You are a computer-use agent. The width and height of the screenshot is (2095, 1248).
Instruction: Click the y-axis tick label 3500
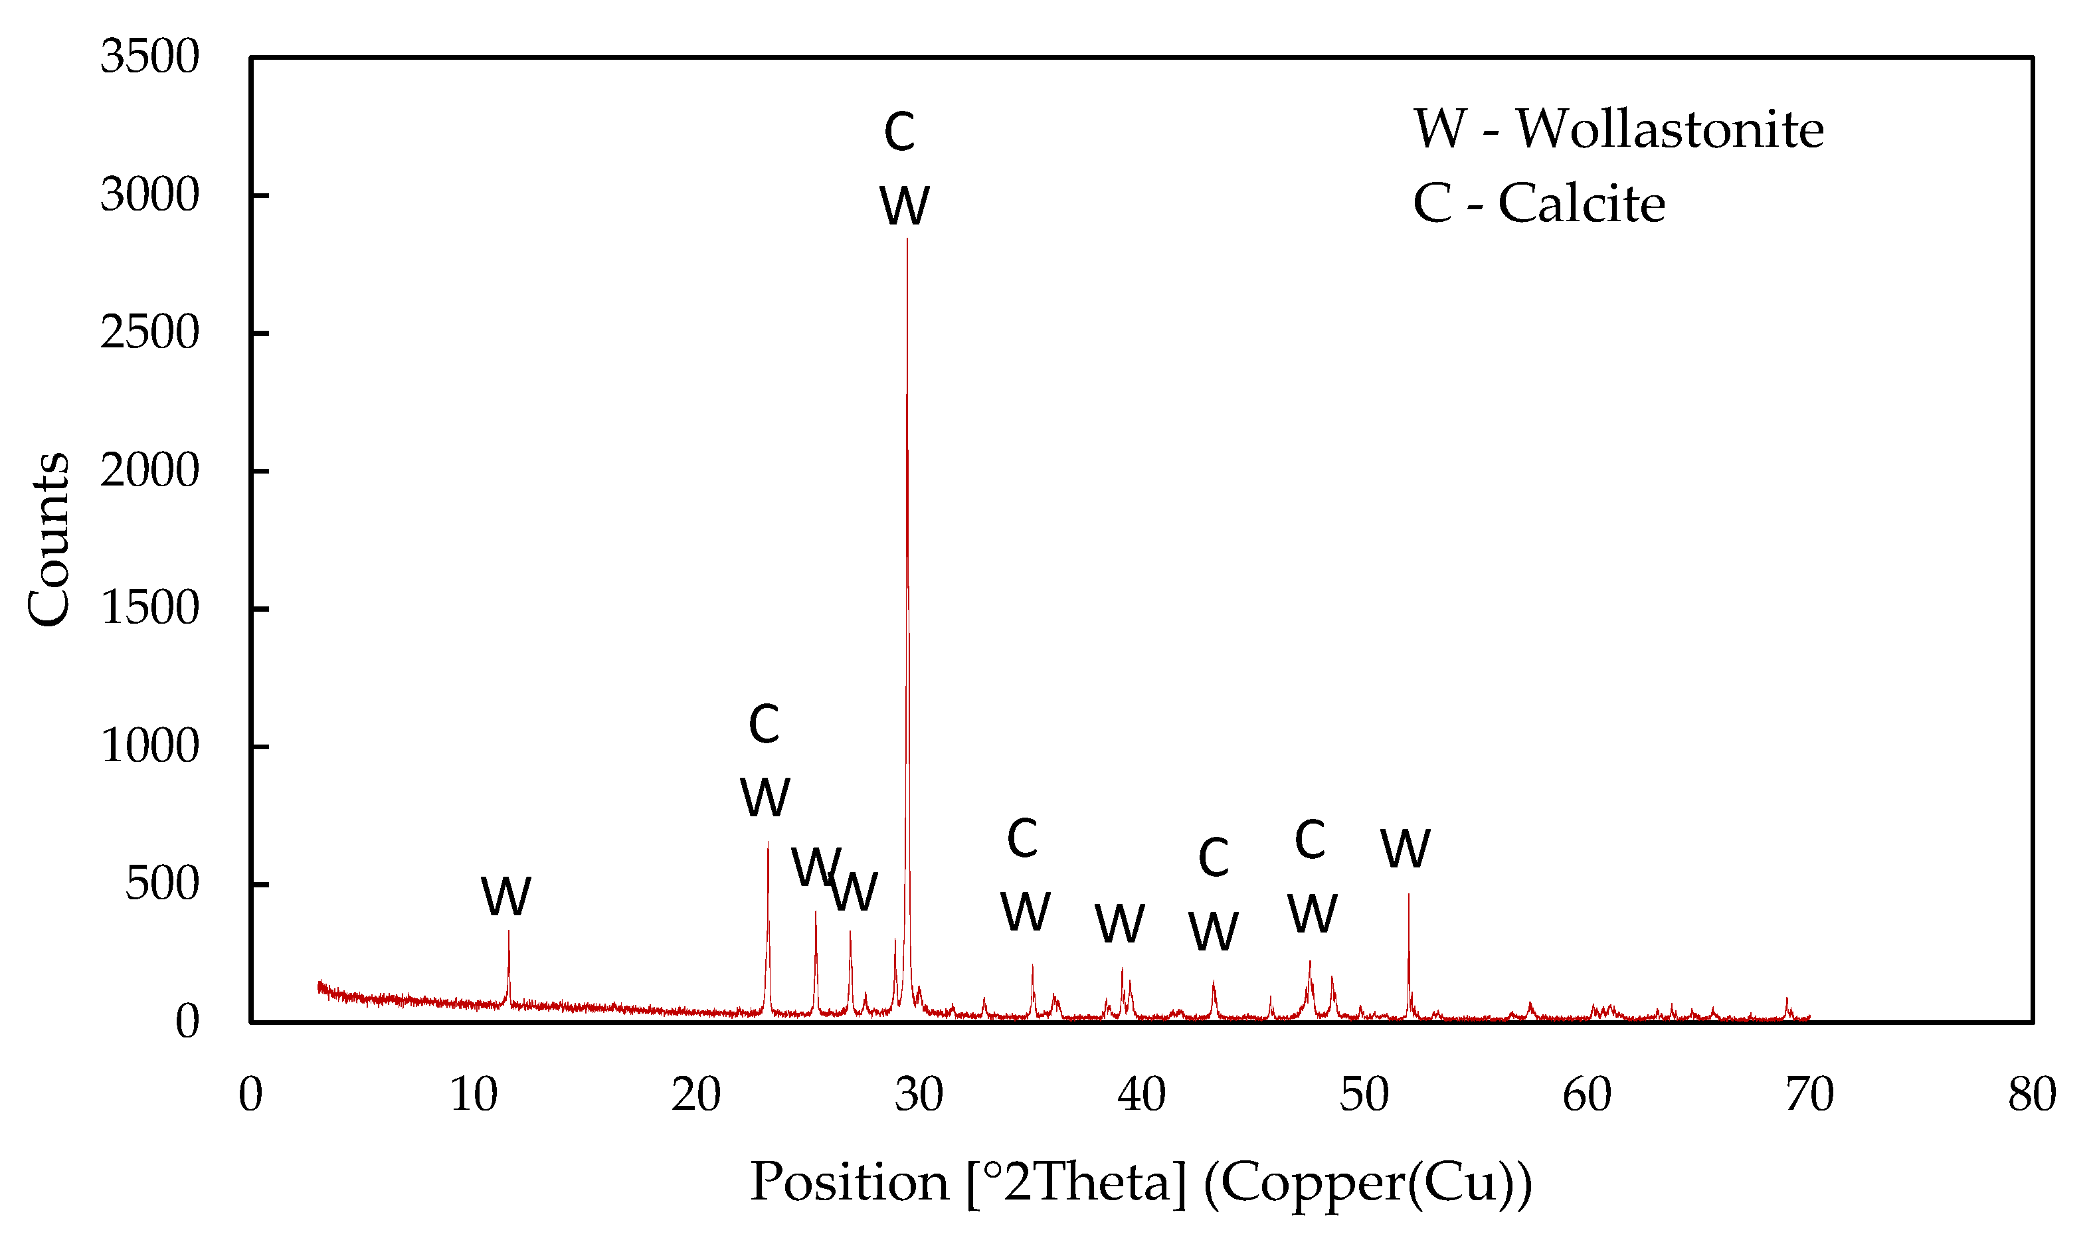point(149,57)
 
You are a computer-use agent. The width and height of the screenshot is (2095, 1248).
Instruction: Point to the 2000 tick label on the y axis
point(149,470)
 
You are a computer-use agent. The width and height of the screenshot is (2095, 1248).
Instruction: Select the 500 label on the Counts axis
point(161,884)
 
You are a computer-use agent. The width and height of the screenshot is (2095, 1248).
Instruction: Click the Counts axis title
point(48,539)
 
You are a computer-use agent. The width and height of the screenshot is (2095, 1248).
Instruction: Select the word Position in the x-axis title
point(850,1182)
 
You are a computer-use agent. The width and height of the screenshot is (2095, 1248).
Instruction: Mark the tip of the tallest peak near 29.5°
point(907,240)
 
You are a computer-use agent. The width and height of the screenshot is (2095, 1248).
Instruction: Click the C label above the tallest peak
point(899,132)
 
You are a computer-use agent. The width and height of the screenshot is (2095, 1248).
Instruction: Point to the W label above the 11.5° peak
point(506,897)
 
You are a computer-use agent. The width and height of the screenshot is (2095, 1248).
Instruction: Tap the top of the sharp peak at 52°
point(1409,895)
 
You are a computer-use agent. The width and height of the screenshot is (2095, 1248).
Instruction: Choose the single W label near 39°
point(1119,925)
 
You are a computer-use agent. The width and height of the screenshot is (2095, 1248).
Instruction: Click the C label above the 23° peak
point(764,724)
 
